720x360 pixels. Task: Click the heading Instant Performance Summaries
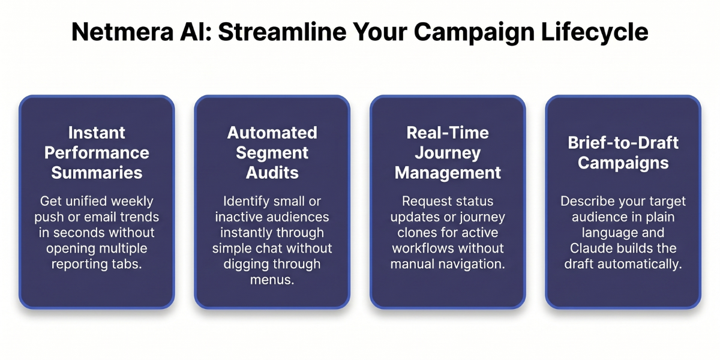[97, 152]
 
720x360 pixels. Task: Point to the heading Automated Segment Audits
[272, 152]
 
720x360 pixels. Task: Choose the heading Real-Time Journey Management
[448, 152]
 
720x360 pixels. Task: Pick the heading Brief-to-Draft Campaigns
[623, 152]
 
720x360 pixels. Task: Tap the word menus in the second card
[272, 280]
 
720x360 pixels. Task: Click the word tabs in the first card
[128, 264]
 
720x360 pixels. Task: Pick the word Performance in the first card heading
[97, 152]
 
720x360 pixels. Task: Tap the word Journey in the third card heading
[448, 152]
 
